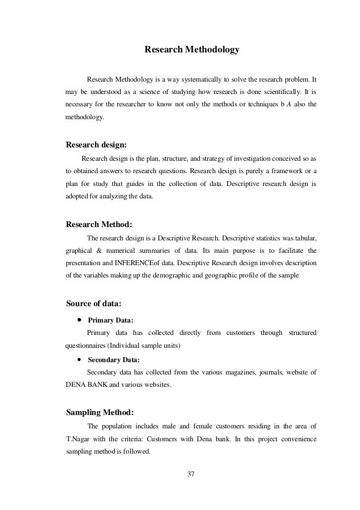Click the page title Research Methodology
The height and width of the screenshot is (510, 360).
pos(191,50)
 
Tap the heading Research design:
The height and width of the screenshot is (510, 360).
pos(96,145)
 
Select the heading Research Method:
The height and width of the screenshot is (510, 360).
pos(98,224)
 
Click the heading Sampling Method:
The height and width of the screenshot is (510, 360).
pos(99,412)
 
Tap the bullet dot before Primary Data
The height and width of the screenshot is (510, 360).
pos(79,320)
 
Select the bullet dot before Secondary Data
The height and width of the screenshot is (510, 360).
pos(79,360)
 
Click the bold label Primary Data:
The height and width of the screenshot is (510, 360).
pos(110,321)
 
